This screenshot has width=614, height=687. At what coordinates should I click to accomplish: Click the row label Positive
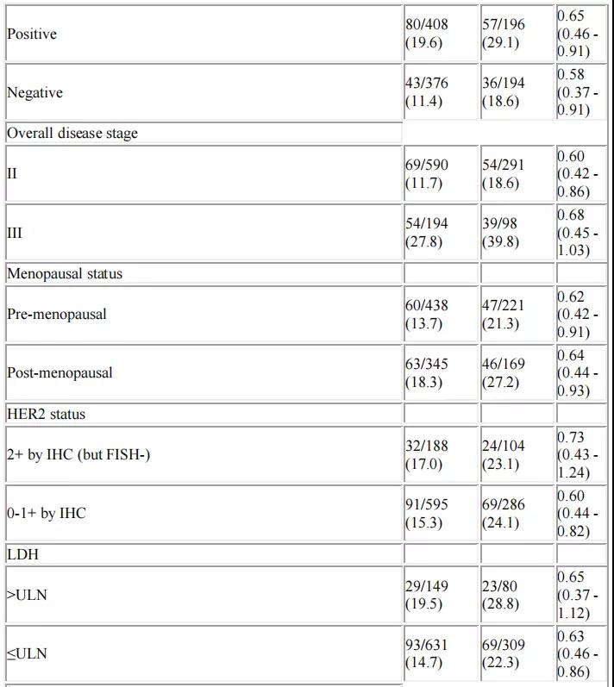tap(32, 34)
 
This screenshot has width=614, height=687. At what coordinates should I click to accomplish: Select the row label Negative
tap(34, 92)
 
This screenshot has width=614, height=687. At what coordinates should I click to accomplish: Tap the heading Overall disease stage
tap(72, 134)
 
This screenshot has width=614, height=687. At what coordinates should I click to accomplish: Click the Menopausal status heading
tap(66, 274)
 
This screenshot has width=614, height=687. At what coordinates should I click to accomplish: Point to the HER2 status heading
tap(47, 414)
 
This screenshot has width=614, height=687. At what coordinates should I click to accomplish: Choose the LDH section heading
tap(22, 554)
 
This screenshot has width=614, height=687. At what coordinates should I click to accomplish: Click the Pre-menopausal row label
tap(57, 314)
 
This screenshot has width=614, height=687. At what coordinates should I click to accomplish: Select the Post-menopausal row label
tap(60, 372)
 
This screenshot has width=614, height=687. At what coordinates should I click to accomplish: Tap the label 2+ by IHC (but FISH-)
tap(78, 454)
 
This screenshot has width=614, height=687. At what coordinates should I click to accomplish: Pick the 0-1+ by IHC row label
tap(47, 513)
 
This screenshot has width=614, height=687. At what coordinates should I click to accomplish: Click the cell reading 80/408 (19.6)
tap(427, 34)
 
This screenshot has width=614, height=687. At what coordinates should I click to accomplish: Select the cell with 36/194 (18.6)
tap(503, 92)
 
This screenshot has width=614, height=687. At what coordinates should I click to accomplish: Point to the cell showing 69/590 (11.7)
tap(427, 173)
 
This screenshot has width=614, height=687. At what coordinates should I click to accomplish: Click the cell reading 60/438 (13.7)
tap(427, 314)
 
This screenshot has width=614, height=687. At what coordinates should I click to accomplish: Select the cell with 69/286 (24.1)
tap(503, 513)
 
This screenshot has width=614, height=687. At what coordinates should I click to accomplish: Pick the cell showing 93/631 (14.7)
tap(427, 653)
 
